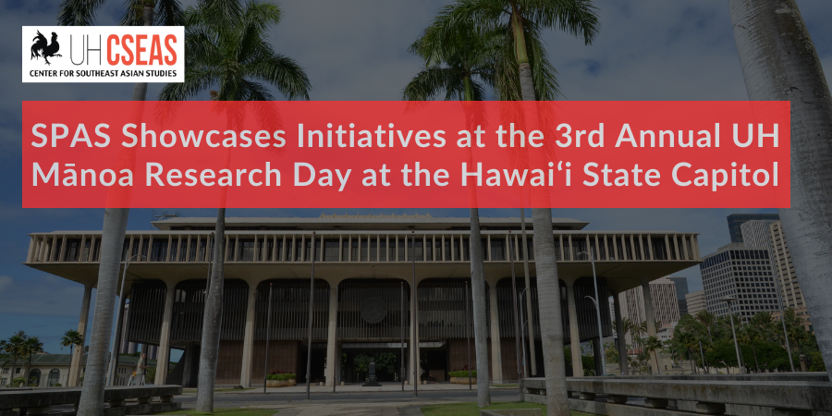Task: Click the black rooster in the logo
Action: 45,47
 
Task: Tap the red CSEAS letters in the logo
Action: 142,51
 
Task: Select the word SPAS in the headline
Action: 70,137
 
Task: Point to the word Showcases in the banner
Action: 203,137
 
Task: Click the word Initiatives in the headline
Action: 372,137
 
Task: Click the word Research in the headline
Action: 214,176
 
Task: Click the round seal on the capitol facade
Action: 373,310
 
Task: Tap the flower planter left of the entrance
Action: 281,379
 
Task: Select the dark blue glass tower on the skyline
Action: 752,226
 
